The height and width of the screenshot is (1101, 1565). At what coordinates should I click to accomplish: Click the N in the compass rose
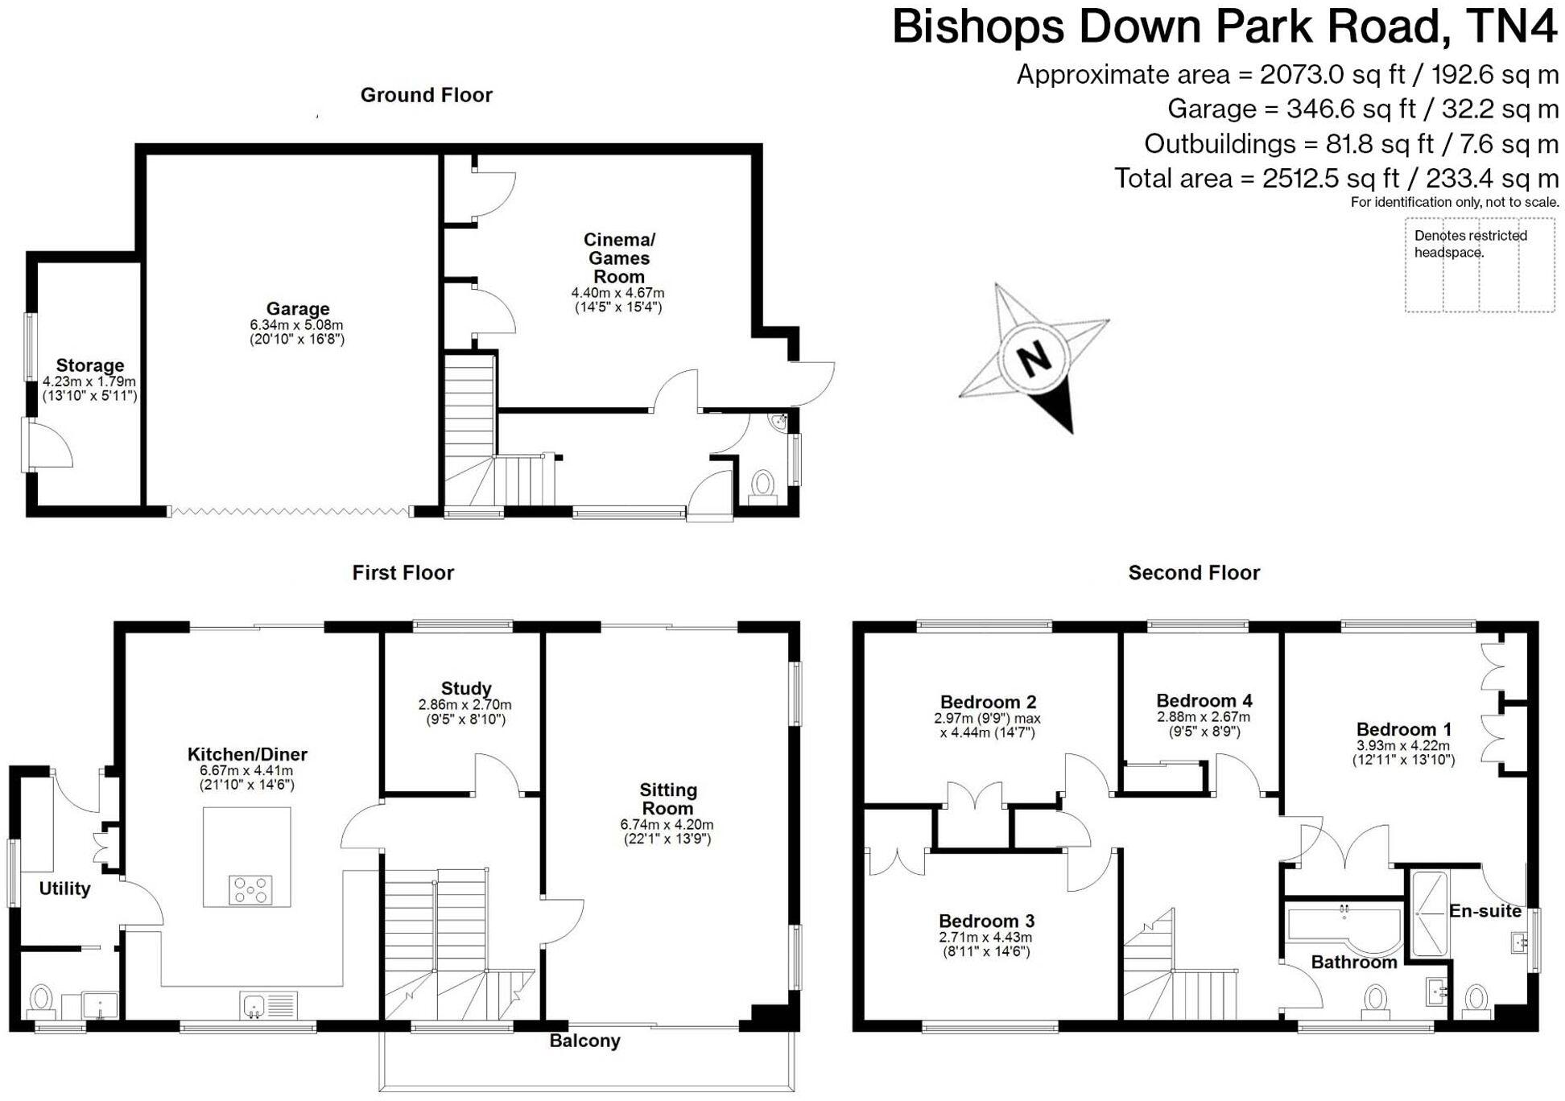1034,357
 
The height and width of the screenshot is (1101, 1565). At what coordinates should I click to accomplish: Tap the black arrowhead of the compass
1059,410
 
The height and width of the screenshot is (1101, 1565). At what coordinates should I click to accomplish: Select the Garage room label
298,309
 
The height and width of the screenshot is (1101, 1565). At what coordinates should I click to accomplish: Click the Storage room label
90,365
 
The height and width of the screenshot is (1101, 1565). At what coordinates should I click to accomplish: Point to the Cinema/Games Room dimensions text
618,299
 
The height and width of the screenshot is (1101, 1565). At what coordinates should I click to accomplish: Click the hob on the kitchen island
250,890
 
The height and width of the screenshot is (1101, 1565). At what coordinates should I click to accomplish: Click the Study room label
465,688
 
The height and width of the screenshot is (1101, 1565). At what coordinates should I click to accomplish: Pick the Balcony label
584,1041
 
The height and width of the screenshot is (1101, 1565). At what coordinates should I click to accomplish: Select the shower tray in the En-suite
1429,913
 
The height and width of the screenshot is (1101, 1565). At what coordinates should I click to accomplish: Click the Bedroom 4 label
1204,700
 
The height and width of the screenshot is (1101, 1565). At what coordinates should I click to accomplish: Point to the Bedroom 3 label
986,921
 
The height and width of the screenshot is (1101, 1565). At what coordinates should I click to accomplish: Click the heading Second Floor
1194,573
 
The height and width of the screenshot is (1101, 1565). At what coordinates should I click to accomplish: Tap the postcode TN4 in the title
1511,27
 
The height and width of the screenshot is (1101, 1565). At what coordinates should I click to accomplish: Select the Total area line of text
1336,178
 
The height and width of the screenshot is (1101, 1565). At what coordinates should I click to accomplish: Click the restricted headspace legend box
1480,266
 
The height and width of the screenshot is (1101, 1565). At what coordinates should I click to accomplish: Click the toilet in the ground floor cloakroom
762,485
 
